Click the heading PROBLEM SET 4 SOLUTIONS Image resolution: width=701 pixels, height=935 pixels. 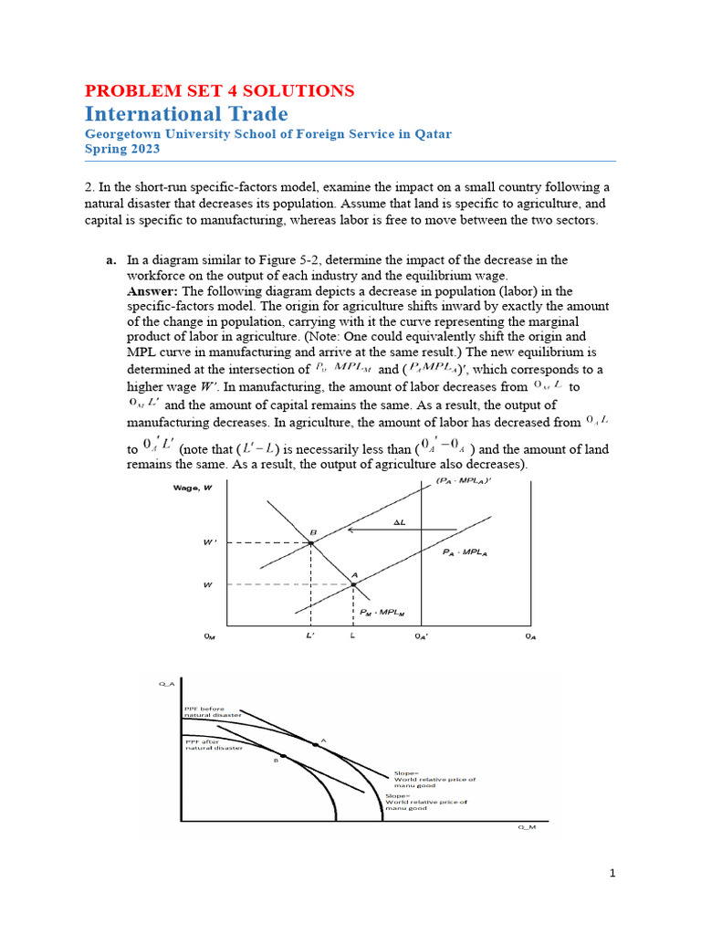219,90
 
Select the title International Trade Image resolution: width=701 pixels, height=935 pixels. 186,114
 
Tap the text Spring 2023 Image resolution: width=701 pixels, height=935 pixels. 122,149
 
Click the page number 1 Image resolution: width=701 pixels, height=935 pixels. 613,873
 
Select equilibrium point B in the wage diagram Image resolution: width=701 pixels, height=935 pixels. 311,543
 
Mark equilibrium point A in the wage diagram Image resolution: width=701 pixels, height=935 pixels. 353,584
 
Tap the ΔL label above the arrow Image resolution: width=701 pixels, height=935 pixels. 400,522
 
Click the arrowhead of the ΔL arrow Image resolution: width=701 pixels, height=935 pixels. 350,529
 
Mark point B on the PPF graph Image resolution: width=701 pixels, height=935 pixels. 283,756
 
